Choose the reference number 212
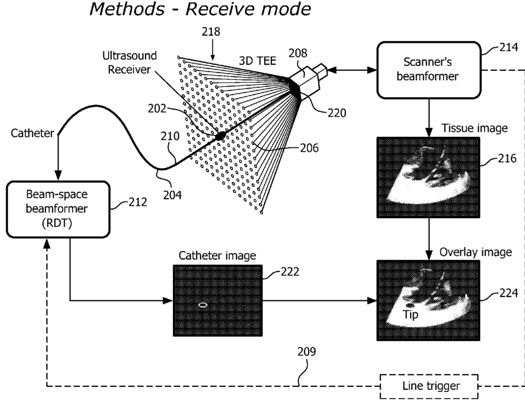[138, 201]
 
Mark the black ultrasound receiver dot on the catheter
[221, 134]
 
